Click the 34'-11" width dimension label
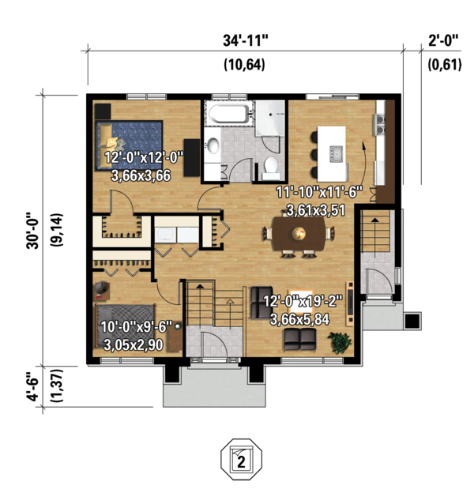[246, 40]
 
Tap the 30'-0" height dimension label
[32, 231]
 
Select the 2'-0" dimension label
[443, 40]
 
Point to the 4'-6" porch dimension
[32, 387]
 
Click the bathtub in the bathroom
[229, 114]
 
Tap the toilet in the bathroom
[271, 168]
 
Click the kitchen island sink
[337, 154]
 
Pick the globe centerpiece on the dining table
[299, 233]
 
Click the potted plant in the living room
[340, 343]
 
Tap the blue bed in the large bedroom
[129, 145]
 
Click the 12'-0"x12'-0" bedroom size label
[144, 156]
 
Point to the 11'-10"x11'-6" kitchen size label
[319, 192]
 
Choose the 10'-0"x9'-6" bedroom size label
[137, 327]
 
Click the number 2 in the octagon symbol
[241, 463]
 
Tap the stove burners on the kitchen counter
[379, 125]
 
